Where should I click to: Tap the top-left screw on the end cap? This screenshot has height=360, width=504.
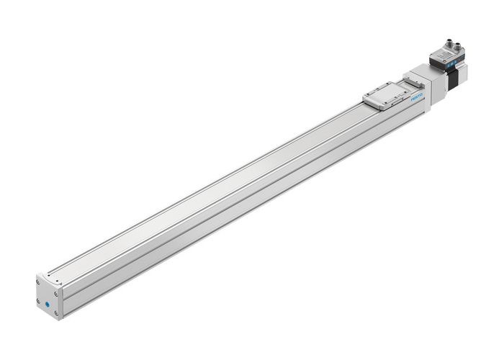tap(38, 282)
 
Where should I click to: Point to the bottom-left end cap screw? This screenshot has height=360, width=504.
tap(37, 301)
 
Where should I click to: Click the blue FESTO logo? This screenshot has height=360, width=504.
tap(418, 99)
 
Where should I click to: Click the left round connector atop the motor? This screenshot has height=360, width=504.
tap(449, 42)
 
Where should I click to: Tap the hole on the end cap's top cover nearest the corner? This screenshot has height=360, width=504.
tap(49, 274)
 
